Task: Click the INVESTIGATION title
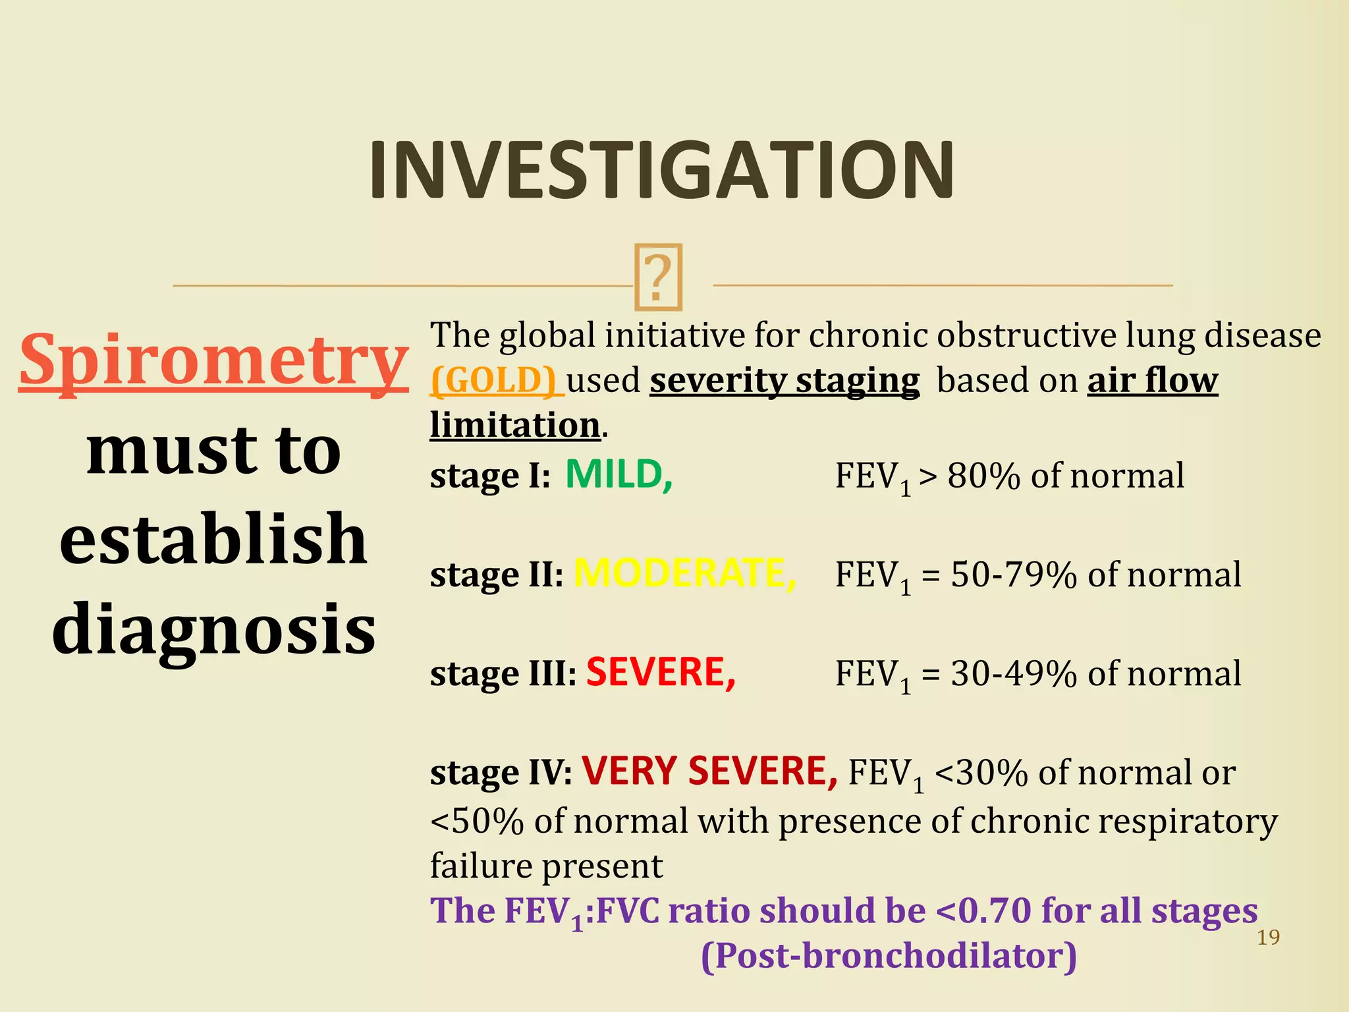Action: [x=661, y=170]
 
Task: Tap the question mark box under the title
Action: [x=658, y=277]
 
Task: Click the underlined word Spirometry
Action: [x=213, y=361]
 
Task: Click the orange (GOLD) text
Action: [x=495, y=380]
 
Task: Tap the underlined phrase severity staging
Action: [x=784, y=380]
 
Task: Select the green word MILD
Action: [x=618, y=474]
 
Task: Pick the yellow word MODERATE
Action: [x=684, y=573]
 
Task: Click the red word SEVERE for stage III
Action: [x=660, y=673]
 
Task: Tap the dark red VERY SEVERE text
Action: [x=709, y=771]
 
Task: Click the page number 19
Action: [x=1268, y=937]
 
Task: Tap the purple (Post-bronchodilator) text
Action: [x=889, y=955]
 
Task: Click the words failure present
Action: [x=546, y=866]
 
